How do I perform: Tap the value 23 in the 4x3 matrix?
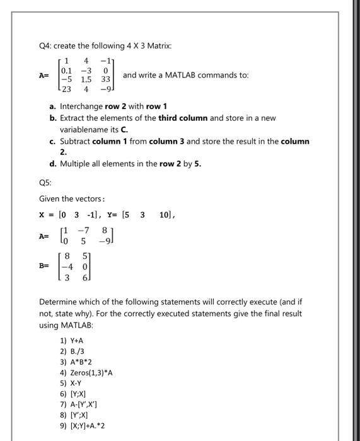point(67,89)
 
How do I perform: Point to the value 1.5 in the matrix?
point(86,80)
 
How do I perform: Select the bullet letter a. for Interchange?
point(54,106)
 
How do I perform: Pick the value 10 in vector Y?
point(164,215)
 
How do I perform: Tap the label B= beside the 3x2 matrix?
point(44,266)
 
